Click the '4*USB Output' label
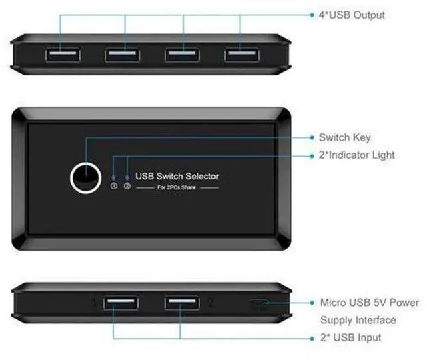pos(352,14)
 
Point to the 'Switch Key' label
pos(344,137)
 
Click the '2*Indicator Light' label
pos(356,155)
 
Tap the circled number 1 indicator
pos(113,186)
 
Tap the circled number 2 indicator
pos(127,186)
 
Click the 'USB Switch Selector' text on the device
pos(177,177)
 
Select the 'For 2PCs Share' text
pos(177,188)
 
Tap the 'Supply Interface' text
pos(358,320)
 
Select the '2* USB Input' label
pos(350,338)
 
